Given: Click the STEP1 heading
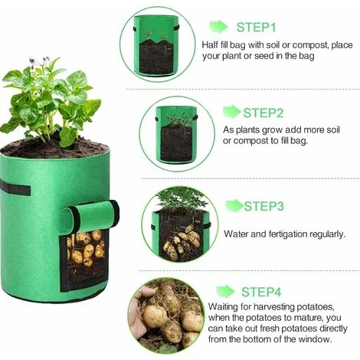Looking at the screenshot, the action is [x=257, y=27].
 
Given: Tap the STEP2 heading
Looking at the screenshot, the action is [x=263, y=113].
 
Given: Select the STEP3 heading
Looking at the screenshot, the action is [x=264, y=206].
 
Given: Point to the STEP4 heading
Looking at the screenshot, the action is [x=261, y=292].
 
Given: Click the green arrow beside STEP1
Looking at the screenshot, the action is [x=218, y=27].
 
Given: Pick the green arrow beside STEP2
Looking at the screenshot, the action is [x=232, y=112].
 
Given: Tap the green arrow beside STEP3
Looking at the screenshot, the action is [x=234, y=206].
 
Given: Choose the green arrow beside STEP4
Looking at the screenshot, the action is [x=226, y=291].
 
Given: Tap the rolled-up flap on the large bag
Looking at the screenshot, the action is [x=90, y=217].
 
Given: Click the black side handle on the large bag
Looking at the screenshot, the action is [x=15, y=188].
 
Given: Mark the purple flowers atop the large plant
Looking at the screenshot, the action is [x=39, y=61].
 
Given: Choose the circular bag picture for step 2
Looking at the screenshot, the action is [x=177, y=134].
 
